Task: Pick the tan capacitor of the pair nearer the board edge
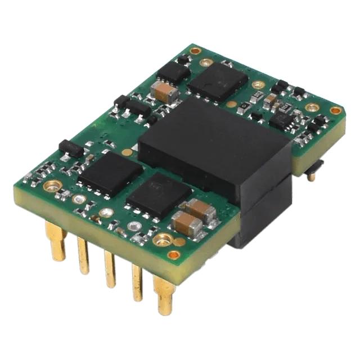[x=187, y=224]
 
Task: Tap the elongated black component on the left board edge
[x=71, y=148]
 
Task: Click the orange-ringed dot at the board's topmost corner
[x=195, y=51]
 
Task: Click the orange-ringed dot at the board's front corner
[x=174, y=255]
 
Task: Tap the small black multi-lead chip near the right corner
[x=279, y=121]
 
